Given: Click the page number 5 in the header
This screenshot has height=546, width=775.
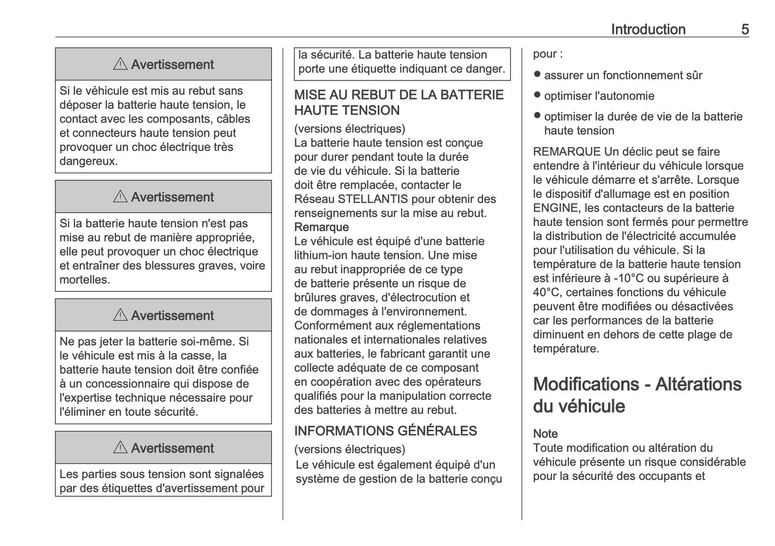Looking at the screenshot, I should point(744,29).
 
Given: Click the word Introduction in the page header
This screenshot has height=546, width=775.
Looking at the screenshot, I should point(648,29).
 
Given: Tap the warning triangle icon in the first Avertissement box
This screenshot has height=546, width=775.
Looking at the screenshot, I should point(120,64).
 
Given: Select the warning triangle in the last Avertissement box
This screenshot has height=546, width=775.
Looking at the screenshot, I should point(120,448).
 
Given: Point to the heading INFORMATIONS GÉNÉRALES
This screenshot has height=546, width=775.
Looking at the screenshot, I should point(385,431).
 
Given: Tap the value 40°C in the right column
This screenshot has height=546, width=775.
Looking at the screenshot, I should point(547,292).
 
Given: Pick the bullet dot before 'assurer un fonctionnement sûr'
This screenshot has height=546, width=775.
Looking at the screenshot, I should point(537,75).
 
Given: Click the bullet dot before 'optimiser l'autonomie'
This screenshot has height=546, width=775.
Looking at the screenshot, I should point(537,95).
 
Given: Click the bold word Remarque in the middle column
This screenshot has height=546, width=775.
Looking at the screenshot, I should point(321,227).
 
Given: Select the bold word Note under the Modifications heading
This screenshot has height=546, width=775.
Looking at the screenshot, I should point(545,433).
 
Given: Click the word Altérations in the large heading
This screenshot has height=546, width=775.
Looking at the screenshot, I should point(698,384).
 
